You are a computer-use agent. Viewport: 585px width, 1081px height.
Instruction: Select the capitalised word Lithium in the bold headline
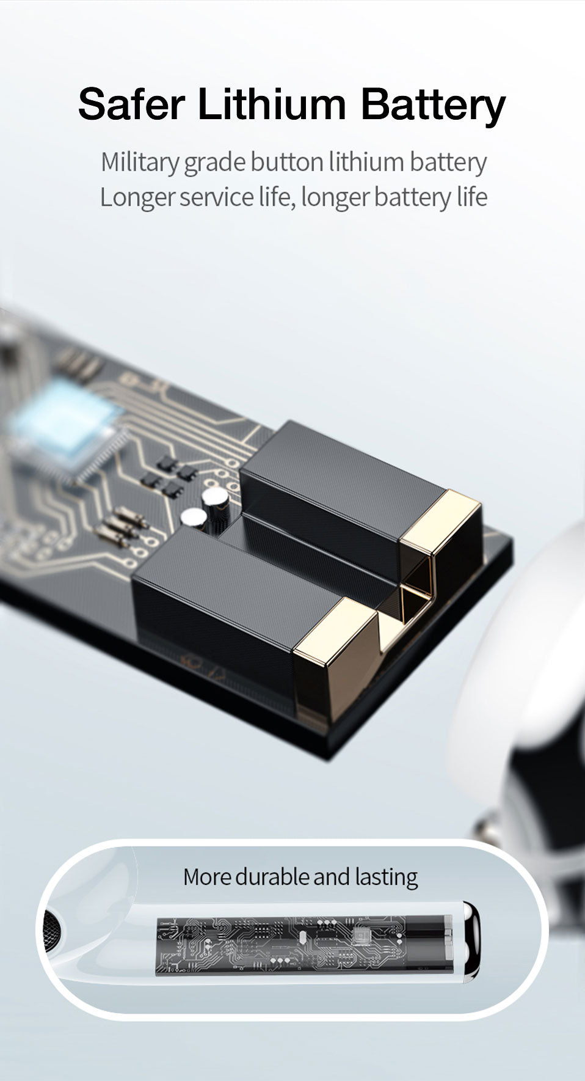point(272,105)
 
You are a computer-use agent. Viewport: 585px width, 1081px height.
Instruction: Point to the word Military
point(139,163)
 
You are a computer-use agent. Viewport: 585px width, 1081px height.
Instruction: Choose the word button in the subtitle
point(286,163)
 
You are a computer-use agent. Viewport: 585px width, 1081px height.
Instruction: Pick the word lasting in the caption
point(386,878)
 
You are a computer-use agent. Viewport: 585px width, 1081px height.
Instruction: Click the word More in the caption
point(207,877)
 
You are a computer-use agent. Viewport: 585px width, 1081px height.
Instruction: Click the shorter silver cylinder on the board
point(194,518)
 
